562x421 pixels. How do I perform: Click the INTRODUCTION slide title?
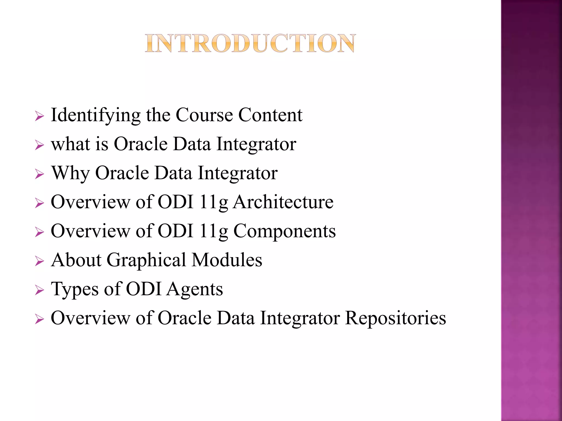(250, 43)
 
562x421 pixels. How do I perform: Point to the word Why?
(71, 173)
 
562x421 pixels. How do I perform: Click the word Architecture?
(283, 202)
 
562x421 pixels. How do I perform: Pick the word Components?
(284, 231)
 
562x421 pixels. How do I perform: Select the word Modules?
(227, 260)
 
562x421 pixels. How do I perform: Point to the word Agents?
(195, 289)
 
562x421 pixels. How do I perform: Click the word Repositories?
(395, 318)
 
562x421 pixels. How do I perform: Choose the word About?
(76, 260)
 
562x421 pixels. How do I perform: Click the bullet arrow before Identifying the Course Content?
(40, 116)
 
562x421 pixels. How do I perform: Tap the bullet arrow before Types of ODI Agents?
(40, 290)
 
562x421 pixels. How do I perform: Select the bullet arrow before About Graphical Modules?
(40, 261)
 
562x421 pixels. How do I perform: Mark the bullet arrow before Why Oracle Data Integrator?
(40, 174)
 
